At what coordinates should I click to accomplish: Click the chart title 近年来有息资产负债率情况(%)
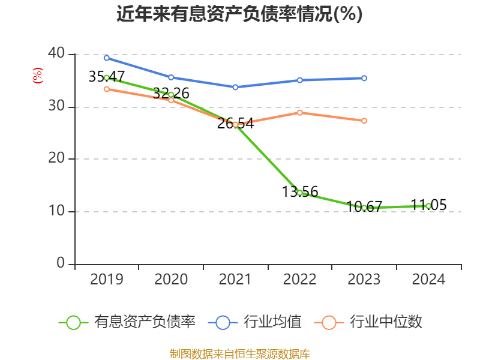pyautogui.click(x=239, y=14)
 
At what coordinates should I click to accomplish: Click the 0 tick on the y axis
pyautogui.click(x=61, y=263)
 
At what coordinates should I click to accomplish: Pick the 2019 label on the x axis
pyautogui.click(x=106, y=280)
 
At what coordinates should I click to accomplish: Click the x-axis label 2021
pyautogui.click(x=235, y=280)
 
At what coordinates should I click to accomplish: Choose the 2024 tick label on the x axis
pyautogui.click(x=428, y=280)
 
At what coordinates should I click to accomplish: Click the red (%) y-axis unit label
pyautogui.click(x=37, y=76)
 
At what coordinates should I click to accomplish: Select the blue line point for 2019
pyautogui.click(x=106, y=58)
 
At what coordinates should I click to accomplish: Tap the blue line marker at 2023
pyautogui.click(x=364, y=78)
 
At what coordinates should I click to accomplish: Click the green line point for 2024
pyautogui.click(x=428, y=206)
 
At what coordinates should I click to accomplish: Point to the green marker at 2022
pyautogui.click(x=299, y=193)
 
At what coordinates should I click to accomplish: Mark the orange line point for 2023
pyautogui.click(x=364, y=121)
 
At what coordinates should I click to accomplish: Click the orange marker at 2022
pyautogui.click(x=299, y=112)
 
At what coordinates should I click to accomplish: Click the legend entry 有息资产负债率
pyautogui.click(x=127, y=322)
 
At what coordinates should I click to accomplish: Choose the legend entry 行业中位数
pyautogui.click(x=371, y=322)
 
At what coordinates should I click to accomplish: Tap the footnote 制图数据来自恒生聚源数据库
pyautogui.click(x=239, y=353)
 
